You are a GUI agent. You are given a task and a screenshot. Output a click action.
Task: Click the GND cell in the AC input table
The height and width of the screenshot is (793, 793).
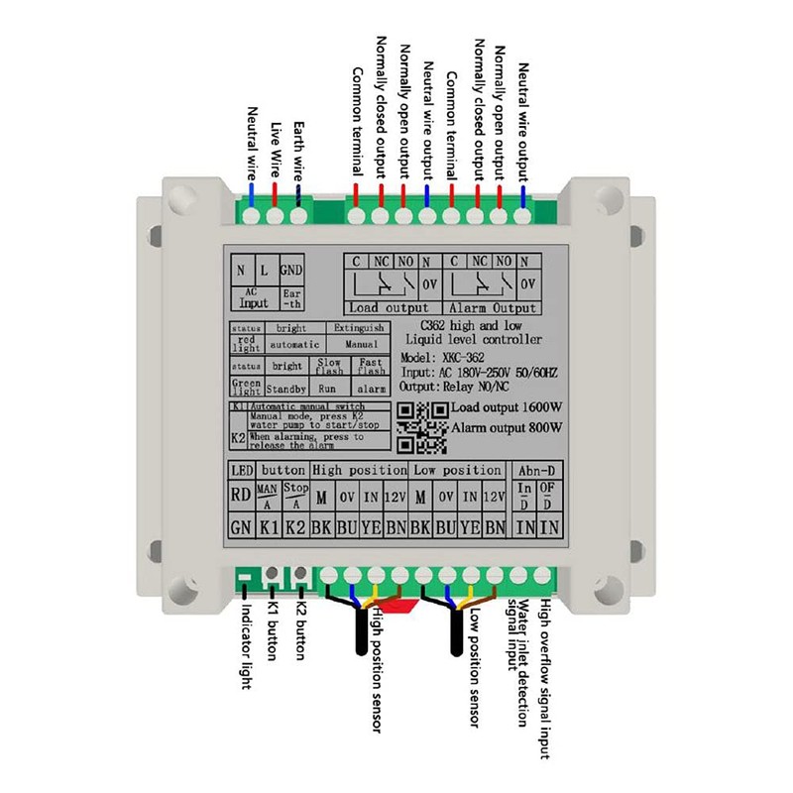[x=291, y=270]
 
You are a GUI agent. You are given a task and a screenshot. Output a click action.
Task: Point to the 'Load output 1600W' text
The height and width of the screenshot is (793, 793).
[x=507, y=408]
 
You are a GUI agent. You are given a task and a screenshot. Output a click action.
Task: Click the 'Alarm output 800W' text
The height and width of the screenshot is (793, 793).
[x=507, y=428]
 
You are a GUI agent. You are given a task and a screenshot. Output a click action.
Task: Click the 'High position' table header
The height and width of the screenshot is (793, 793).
[x=359, y=470]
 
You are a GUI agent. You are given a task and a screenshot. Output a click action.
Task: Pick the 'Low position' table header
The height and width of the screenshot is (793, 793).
[x=457, y=470]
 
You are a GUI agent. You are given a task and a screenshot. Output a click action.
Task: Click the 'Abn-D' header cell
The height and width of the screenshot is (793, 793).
[x=531, y=470]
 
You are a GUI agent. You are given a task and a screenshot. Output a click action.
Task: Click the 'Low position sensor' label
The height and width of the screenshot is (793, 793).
[x=474, y=668]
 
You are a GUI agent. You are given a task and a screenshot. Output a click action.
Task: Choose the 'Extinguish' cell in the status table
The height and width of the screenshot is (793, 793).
[x=358, y=327]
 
